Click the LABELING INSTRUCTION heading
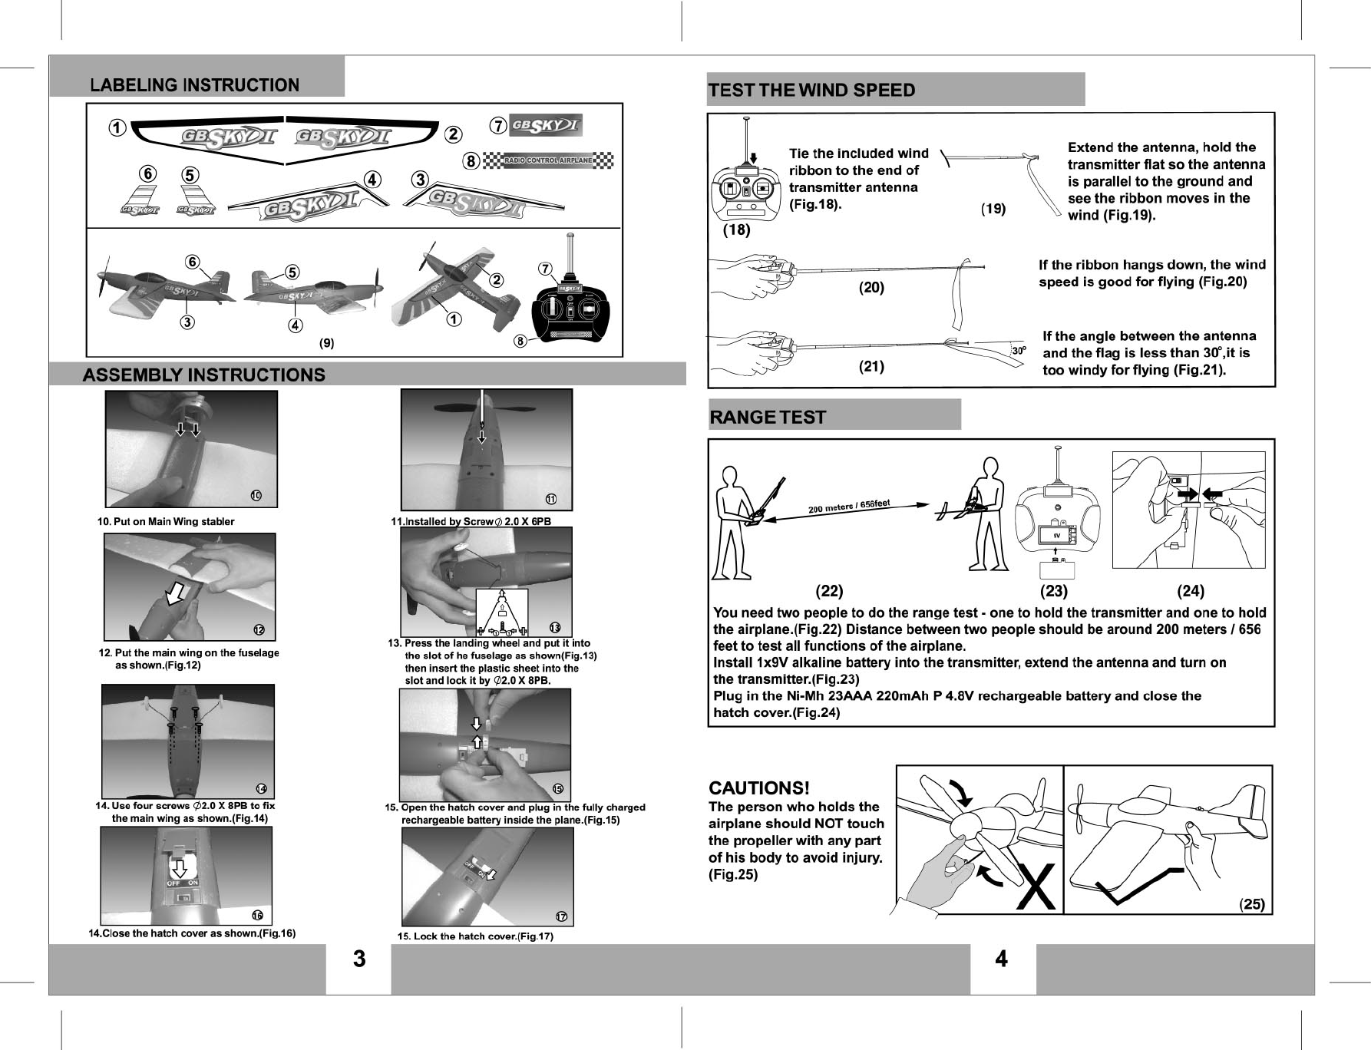click(x=194, y=85)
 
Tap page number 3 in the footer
click(x=358, y=959)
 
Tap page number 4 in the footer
click(x=1001, y=959)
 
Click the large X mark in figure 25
click(x=1036, y=886)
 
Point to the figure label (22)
click(x=829, y=591)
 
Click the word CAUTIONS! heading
click(x=758, y=788)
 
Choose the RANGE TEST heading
click(x=768, y=418)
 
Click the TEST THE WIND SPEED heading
click(x=811, y=91)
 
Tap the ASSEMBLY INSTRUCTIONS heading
click(x=203, y=375)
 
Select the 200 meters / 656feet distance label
click(x=848, y=507)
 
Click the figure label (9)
click(x=327, y=343)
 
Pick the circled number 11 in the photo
click(x=551, y=499)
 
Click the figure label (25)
click(x=1252, y=903)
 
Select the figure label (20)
click(x=871, y=288)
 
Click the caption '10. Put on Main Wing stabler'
click(x=166, y=522)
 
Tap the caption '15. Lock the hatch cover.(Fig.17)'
click(x=475, y=936)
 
